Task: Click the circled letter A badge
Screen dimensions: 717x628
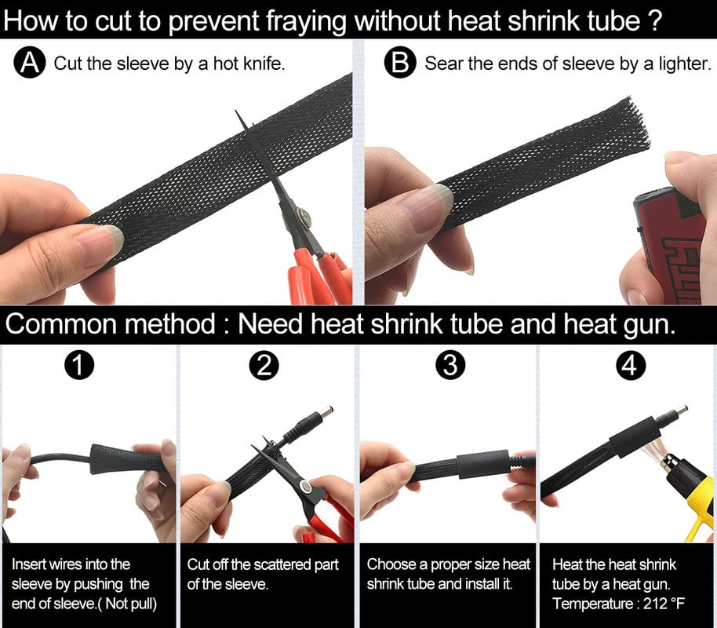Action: tap(30, 62)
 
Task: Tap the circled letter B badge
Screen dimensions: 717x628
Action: tap(400, 62)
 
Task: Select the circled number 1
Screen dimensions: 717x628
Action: tap(79, 365)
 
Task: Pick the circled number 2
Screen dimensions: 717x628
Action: tap(264, 365)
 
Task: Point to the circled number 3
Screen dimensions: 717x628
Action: tap(450, 365)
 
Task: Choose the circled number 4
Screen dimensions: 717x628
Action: tap(631, 365)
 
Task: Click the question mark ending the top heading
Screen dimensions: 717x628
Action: tap(655, 20)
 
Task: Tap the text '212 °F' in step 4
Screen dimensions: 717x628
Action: tap(664, 604)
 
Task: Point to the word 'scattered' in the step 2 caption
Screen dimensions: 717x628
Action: tap(281, 564)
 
